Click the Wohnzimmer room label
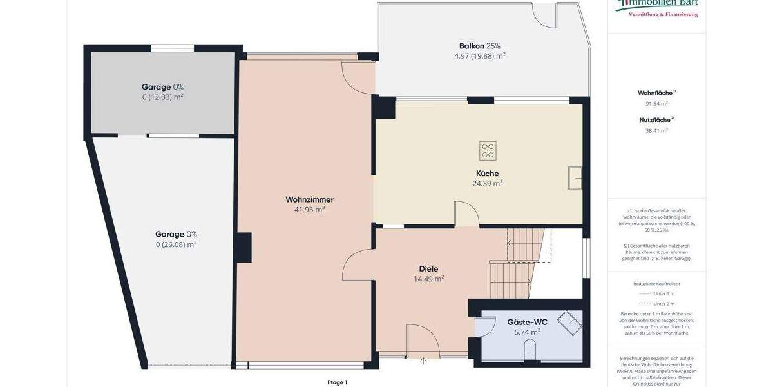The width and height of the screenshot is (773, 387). tap(309, 199)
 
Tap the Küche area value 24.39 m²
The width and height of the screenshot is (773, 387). tap(487, 183)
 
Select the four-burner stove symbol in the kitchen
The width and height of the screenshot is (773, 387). tap(488, 151)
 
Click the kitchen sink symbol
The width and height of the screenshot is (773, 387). tap(575, 178)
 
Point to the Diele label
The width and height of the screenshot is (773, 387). tap(428, 269)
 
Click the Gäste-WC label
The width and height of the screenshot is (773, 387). tap(523, 322)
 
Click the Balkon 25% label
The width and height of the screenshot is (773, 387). tap(479, 46)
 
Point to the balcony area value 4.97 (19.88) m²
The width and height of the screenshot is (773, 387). tap(479, 56)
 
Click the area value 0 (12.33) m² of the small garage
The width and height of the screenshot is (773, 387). tap(162, 97)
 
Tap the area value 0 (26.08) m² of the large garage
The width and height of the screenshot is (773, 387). tap(176, 244)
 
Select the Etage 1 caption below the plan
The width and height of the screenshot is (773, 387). tap(337, 382)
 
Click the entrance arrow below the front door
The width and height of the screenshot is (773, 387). tap(423, 361)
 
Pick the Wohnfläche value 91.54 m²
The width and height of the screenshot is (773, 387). tap(656, 103)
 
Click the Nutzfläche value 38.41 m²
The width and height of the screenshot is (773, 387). tap(656, 130)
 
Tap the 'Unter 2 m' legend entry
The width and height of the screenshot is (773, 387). tap(663, 304)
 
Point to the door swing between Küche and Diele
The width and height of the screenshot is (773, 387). tap(466, 213)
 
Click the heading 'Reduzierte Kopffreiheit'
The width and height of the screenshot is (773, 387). tap(656, 284)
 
